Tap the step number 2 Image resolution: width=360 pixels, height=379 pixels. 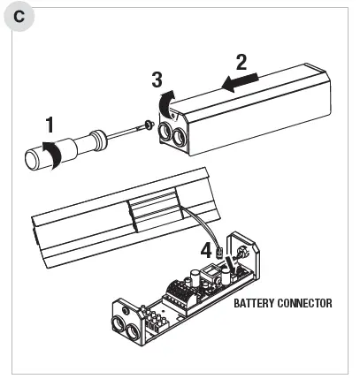(x=241, y=63)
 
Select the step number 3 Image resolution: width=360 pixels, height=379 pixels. (x=157, y=80)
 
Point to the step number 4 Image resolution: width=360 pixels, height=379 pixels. (x=206, y=250)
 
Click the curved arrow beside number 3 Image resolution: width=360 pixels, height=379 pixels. (x=165, y=105)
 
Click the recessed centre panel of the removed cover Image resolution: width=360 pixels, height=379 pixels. (x=156, y=212)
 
